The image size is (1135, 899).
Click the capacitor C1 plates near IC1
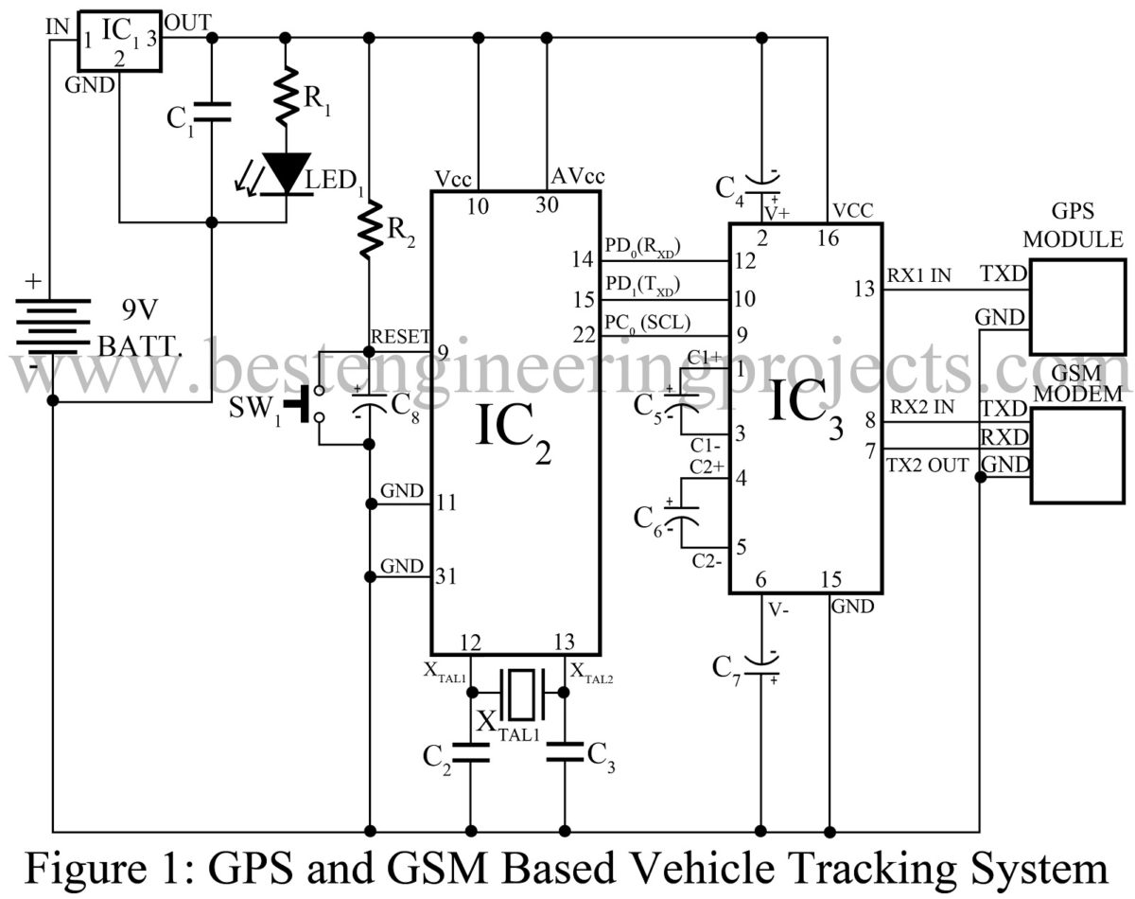[211, 112]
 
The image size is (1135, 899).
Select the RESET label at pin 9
[401, 336]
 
